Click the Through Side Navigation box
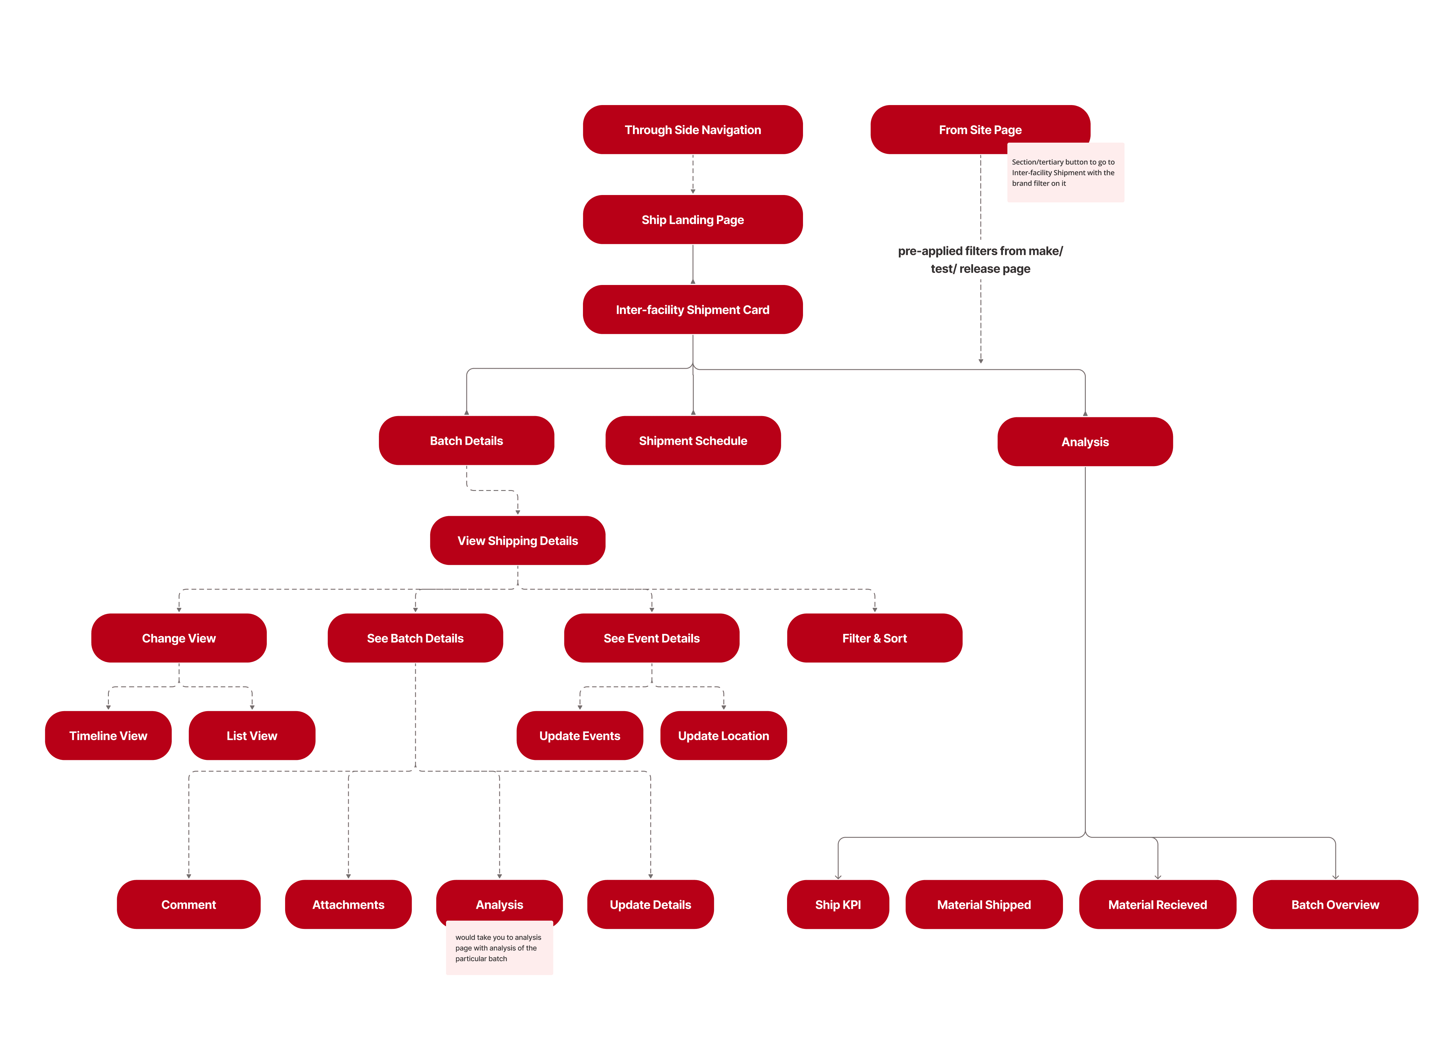tap(692, 130)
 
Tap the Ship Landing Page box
tap(692, 219)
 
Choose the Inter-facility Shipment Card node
tap(692, 309)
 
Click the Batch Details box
tap(466, 441)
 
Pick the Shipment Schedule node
tap(692, 441)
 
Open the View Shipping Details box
tap(517, 540)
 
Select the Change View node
tap(179, 638)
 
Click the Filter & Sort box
tap(874, 638)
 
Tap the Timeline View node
tap(108, 735)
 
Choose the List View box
tap(252, 735)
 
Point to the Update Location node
tap(723, 735)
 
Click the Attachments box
tap(348, 904)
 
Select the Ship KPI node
tap(838, 904)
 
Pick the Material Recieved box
tap(1157, 904)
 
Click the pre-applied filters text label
tap(980, 260)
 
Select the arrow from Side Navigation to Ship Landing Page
tap(692, 174)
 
